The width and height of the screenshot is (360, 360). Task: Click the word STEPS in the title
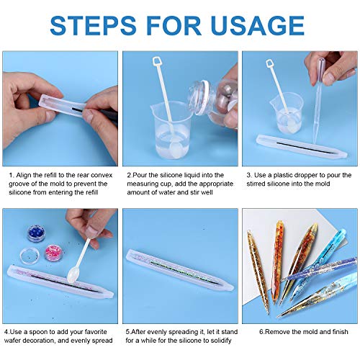93,25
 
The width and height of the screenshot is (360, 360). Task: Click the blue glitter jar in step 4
36,233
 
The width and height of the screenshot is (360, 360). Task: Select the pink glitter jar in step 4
54,253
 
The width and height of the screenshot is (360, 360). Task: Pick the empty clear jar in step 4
30,256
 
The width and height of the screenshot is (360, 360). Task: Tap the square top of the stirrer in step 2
158,61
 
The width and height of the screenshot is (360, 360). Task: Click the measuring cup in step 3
286,113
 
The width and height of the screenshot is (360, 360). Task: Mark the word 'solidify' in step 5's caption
221,341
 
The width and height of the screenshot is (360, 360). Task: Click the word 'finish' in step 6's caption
340,332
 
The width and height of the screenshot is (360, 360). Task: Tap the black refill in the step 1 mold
78,109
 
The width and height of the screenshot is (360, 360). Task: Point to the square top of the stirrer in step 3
269,64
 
